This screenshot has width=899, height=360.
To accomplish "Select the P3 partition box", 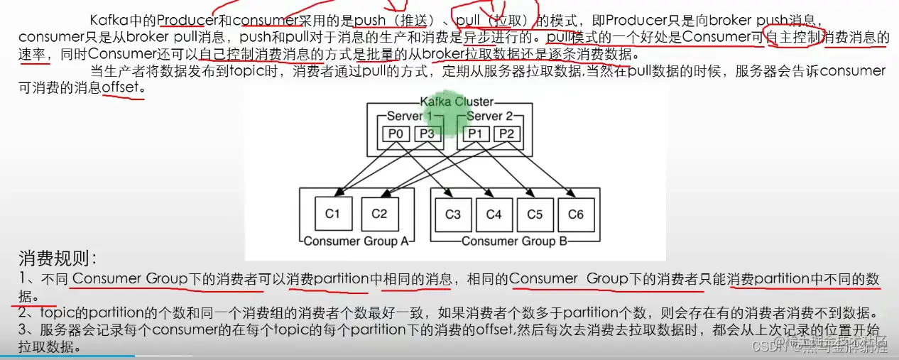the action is (426, 134).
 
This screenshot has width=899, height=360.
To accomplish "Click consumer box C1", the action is (333, 214).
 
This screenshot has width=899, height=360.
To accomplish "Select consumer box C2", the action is (379, 214).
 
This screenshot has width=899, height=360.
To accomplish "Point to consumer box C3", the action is (452, 214).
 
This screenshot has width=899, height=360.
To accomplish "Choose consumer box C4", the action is (494, 214).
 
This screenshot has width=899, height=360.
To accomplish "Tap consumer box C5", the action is (535, 214).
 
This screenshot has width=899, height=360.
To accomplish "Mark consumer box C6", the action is (576, 214).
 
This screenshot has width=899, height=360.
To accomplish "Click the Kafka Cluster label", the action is (457, 102).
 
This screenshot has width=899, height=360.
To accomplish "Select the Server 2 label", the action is (489, 116).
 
